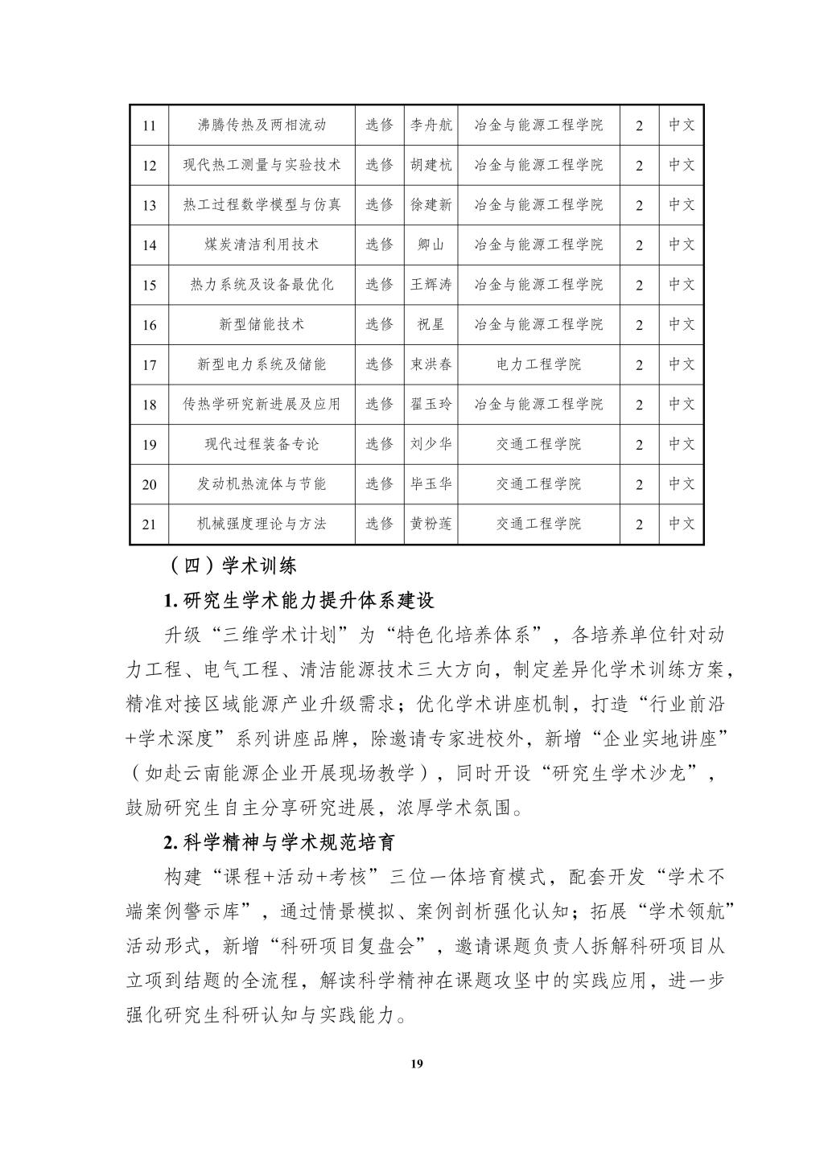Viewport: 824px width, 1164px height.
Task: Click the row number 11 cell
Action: (x=149, y=125)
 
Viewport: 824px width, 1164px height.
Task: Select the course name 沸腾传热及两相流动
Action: (x=262, y=125)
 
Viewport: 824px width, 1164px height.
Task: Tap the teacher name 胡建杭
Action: (x=431, y=165)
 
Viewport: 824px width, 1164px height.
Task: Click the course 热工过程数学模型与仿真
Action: (x=262, y=204)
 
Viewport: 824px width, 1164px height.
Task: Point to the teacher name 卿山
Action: (x=431, y=245)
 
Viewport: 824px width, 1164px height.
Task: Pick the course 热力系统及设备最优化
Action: (x=262, y=284)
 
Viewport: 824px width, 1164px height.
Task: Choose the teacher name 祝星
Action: (x=431, y=324)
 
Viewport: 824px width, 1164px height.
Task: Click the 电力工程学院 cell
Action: (x=538, y=364)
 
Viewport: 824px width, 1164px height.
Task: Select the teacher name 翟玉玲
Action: (x=431, y=404)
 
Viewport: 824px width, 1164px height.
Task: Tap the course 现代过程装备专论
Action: (x=262, y=444)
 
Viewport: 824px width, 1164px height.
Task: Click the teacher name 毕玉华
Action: (x=431, y=483)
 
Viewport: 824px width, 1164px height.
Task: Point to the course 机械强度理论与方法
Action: (x=262, y=524)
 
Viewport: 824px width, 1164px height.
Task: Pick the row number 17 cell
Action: (x=149, y=364)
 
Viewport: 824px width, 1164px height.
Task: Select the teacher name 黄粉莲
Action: (x=431, y=524)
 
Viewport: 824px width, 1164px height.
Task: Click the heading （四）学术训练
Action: (x=229, y=566)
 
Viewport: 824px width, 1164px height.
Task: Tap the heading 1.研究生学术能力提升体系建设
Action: (x=299, y=600)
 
